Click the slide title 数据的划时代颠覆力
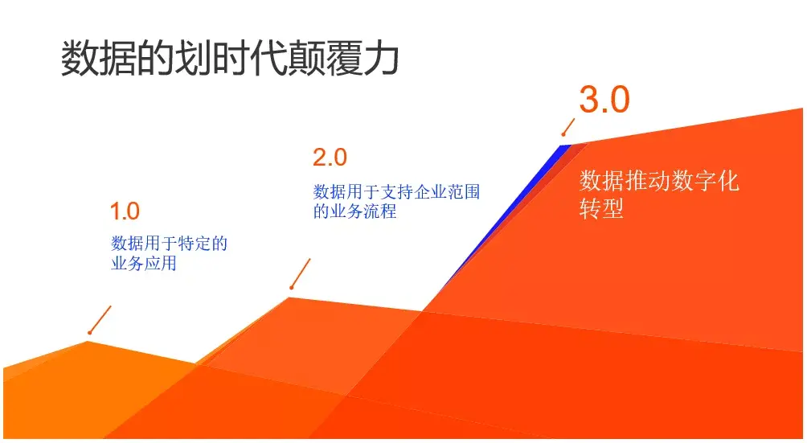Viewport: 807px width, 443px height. [230, 58]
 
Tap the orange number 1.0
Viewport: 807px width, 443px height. [125, 211]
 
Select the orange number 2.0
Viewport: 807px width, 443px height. [330, 158]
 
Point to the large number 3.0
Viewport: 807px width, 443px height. [604, 100]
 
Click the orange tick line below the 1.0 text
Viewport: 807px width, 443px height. [100, 320]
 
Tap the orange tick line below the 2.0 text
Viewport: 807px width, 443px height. [301, 273]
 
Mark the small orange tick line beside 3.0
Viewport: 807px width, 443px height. [568, 127]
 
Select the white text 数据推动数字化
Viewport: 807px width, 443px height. [659, 181]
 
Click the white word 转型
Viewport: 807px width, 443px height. [601, 208]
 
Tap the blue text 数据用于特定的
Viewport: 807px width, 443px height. [169, 244]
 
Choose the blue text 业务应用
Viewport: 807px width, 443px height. [144, 263]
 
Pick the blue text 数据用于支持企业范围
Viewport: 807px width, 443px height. [396, 192]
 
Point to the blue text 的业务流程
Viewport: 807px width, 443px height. [354, 211]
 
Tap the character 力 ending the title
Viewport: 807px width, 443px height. [380, 58]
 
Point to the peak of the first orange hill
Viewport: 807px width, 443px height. [88, 341]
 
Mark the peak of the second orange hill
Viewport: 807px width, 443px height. [289, 297]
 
